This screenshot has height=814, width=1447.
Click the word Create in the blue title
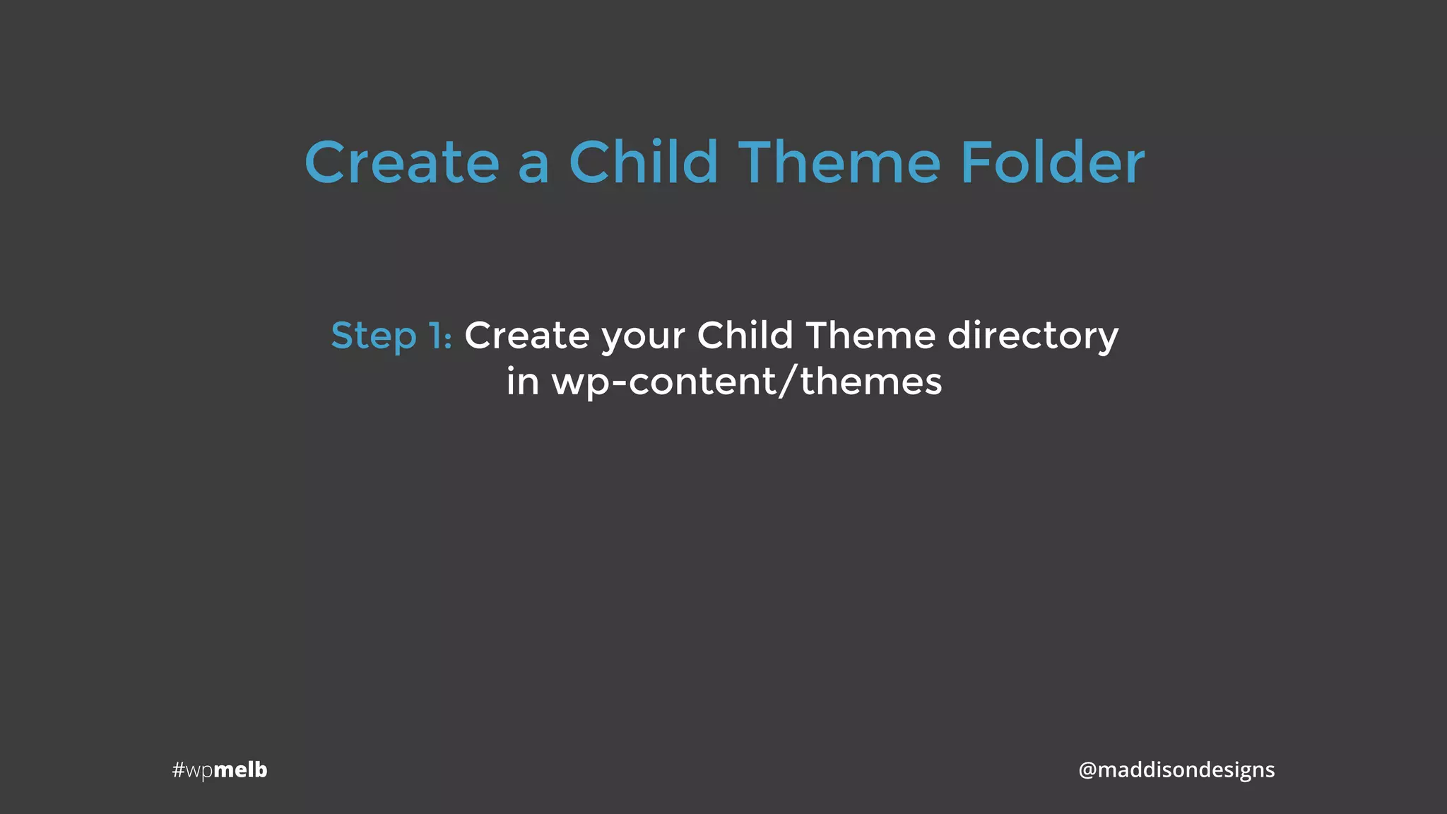402,163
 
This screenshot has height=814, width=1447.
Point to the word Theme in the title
840,163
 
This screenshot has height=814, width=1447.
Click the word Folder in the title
1052,163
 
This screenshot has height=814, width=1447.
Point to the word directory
1032,336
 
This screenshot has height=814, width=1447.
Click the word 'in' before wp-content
523,382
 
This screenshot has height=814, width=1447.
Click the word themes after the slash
871,382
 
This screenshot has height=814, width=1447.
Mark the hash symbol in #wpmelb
178,769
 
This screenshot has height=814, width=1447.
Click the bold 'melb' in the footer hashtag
240,769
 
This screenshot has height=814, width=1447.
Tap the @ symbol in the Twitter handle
1087,770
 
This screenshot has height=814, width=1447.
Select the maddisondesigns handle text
1186,770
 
